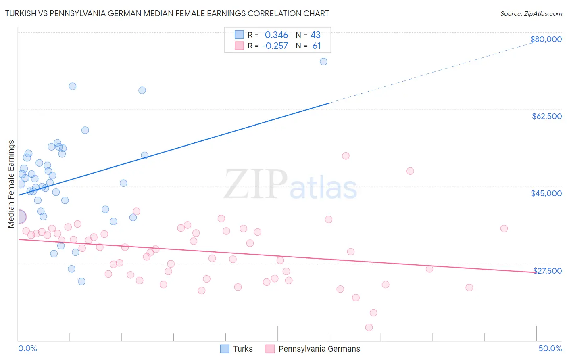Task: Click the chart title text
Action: [167, 13]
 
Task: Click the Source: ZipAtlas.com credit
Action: [531, 13]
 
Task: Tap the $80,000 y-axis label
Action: [546, 39]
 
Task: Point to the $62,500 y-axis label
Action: [546, 116]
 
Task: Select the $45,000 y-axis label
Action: [546, 193]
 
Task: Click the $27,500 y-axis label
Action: [547, 270]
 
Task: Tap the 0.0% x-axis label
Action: [27, 348]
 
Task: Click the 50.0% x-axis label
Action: [550, 348]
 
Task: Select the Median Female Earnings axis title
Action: [11, 184]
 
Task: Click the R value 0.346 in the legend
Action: [276, 35]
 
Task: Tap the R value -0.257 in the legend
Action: [275, 46]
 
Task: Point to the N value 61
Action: [317, 46]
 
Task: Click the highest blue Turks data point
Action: [323, 62]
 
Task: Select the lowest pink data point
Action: [369, 327]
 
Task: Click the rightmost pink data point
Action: [504, 228]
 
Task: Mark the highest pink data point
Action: [346, 156]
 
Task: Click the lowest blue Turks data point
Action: [81, 281]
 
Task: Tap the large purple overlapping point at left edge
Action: [20, 217]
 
